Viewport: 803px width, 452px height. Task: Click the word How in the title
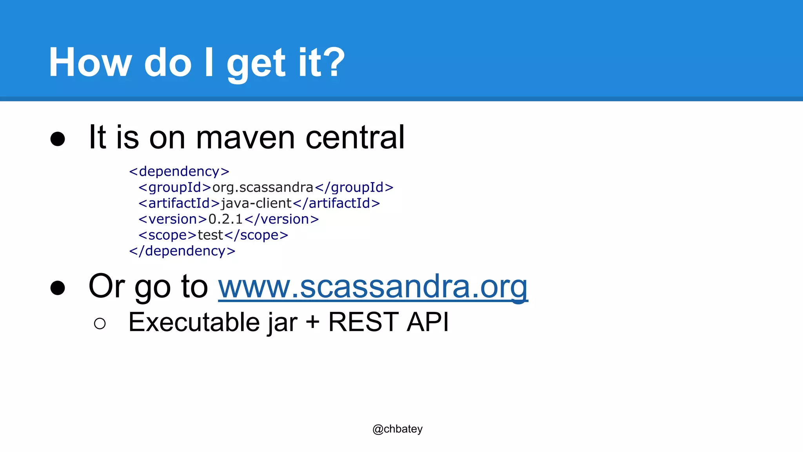[90, 63]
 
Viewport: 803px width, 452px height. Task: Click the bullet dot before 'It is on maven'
[58, 139]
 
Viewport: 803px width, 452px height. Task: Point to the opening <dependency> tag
[179, 171]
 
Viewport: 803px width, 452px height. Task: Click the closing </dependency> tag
[182, 251]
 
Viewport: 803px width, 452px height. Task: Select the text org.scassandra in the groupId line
[263, 188]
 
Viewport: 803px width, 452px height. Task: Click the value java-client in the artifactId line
[256, 203]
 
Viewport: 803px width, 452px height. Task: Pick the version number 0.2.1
[225, 219]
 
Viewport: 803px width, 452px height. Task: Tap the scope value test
[210, 235]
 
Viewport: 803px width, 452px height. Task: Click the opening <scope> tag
[167, 235]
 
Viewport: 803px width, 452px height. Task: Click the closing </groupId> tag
[354, 188]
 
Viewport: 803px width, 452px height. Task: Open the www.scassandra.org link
[373, 287]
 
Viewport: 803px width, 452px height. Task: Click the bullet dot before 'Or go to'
[58, 288]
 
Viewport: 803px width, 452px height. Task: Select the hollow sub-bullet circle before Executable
[100, 324]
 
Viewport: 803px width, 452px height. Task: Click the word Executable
[194, 323]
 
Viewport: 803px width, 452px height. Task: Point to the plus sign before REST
[312, 323]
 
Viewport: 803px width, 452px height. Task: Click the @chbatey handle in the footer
[398, 429]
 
